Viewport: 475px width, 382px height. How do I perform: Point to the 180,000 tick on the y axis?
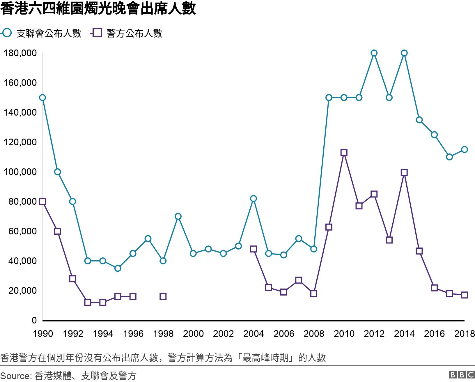(20, 53)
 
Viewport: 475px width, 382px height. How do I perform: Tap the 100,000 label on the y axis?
(20, 172)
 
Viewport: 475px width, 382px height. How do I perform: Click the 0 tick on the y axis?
(34, 320)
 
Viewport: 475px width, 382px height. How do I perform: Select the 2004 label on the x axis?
(254, 334)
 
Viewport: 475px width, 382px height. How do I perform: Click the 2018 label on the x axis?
(464, 334)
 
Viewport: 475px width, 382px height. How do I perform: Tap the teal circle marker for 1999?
(178, 216)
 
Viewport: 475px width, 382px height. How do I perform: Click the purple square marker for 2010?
(344, 153)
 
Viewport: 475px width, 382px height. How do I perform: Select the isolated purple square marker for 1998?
(163, 296)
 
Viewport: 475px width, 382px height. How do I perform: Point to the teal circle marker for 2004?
(254, 199)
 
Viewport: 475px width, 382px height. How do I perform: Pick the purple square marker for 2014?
(404, 173)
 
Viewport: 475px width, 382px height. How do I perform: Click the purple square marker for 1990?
(42, 201)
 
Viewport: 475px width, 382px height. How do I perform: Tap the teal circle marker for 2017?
(449, 157)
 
